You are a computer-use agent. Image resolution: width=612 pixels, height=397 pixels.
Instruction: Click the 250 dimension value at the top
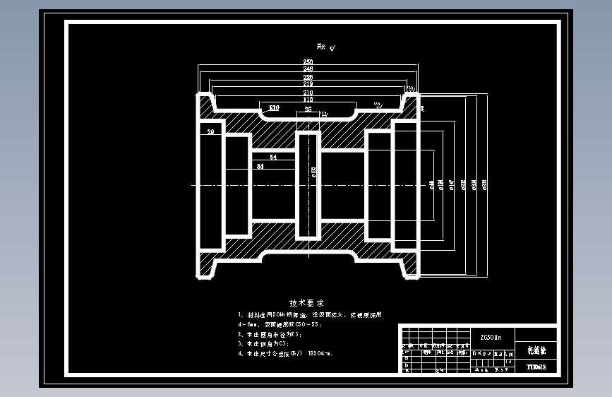tap(308, 62)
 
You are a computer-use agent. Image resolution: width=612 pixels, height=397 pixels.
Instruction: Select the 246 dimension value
tap(308, 69)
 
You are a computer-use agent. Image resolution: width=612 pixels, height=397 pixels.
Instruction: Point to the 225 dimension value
tap(308, 77)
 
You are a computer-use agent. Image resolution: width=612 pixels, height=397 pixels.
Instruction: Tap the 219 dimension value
tap(308, 84)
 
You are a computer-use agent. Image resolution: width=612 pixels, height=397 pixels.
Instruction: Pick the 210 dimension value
tap(308, 93)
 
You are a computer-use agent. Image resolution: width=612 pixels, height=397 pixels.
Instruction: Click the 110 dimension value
tap(308, 100)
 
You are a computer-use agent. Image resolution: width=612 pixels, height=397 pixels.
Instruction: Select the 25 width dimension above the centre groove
tap(308, 110)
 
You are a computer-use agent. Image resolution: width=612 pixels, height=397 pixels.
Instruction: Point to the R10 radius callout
tap(274, 107)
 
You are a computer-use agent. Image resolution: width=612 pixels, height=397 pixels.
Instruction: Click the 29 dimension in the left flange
tap(210, 132)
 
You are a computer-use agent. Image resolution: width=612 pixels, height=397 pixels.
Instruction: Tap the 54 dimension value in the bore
tap(273, 158)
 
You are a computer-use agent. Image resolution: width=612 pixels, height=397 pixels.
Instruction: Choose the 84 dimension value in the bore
tap(260, 167)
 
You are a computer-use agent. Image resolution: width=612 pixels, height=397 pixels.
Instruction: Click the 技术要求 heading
tap(305, 302)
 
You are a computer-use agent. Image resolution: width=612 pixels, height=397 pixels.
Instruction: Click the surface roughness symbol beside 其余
tap(332, 49)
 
